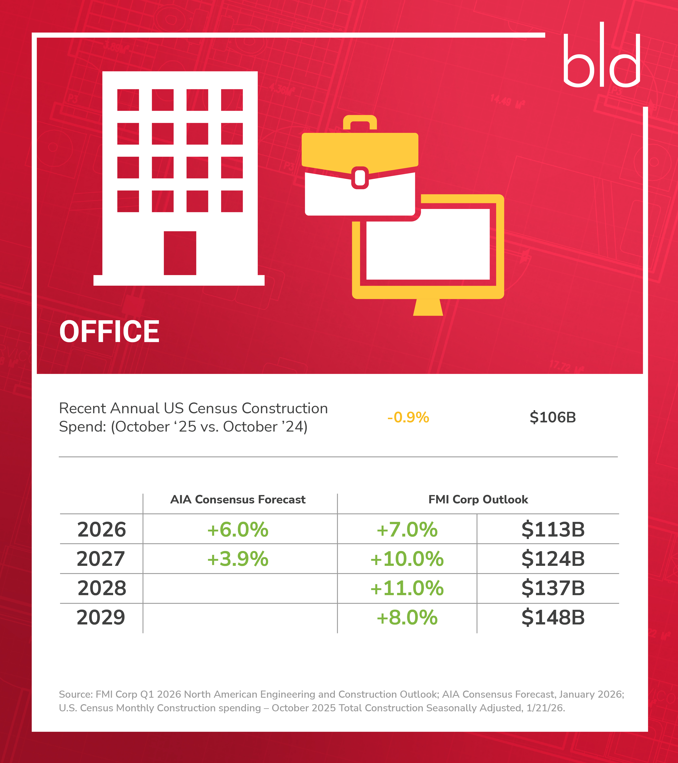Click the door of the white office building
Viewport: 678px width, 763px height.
180,253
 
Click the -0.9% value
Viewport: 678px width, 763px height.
408,417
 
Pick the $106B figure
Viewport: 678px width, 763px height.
553,417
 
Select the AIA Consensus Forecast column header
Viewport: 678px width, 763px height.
238,500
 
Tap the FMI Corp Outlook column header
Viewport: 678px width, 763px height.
478,500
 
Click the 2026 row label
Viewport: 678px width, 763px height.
102,529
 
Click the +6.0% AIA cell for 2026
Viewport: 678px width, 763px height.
238,529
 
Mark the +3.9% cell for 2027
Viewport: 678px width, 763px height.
238,559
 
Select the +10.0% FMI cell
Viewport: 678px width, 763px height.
407,559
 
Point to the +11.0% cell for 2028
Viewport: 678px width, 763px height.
407,588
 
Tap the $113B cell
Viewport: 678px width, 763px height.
553,529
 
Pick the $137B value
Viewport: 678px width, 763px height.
553,588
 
